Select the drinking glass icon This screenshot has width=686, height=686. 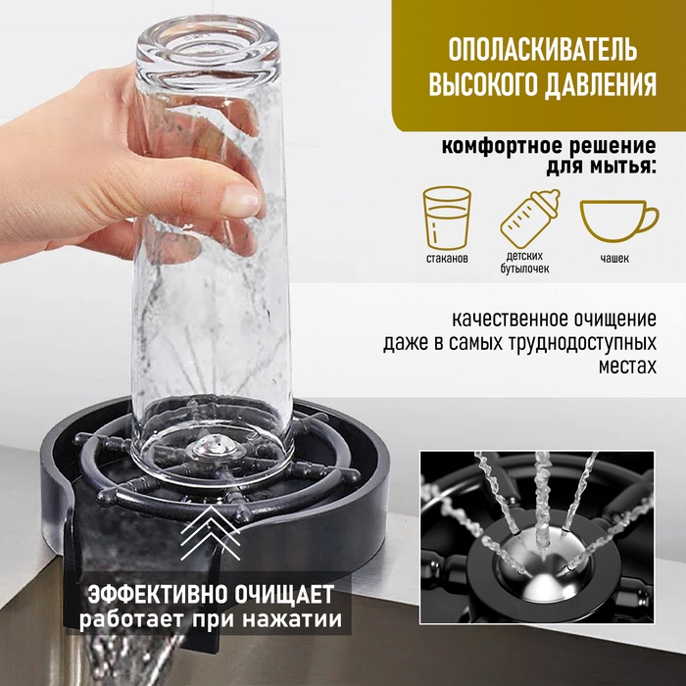[x=446, y=217]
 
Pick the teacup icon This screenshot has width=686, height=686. [x=617, y=218]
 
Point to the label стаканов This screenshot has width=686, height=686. [x=449, y=258]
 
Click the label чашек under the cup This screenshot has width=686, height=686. [x=616, y=258]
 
